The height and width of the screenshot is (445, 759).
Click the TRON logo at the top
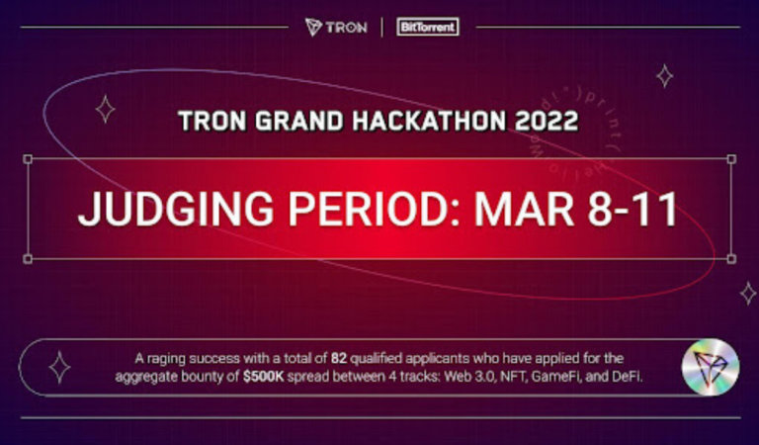pyautogui.click(x=335, y=27)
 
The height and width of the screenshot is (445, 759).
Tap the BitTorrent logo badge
pyautogui.click(x=428, y=27)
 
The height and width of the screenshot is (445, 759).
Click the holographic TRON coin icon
pyautogui.click(x=709, y=365)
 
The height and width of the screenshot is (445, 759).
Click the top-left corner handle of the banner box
pyautogui.click(x=27, y=158)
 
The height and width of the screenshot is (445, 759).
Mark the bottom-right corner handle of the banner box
pyautogui.click(x=730, y=259)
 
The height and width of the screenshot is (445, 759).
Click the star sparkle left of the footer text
pyautogui.click(x=59, y=367)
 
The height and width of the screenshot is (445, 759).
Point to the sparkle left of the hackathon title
pyautogui.click(x=105, y=109)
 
